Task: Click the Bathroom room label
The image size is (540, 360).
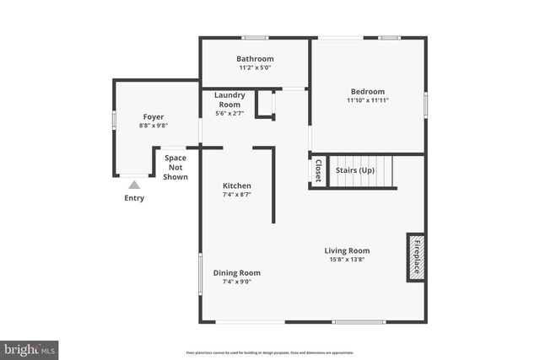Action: [254, 59]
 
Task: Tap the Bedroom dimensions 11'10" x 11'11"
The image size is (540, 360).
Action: [367, 100]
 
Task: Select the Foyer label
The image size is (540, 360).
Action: [153, 116]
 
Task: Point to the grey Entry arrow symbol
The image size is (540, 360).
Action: [134, 185]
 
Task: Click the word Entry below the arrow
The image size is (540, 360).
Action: [134, 198]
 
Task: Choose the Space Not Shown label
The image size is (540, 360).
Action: [175, 167]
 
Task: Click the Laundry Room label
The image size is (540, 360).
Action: [229, 99]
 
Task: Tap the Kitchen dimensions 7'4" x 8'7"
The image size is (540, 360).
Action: [236, 195]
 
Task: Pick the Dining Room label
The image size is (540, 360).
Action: [236, 272]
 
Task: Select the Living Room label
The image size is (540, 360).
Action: [347, 250]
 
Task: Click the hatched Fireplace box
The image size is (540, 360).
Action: [415, 256]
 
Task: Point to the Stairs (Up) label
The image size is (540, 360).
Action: [355, 170]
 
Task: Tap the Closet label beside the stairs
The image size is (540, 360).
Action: [318, 171]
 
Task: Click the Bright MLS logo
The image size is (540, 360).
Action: [30, 348]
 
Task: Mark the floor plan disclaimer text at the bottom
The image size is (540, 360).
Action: [270, 352]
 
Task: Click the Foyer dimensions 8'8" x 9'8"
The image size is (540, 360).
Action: [153, 126]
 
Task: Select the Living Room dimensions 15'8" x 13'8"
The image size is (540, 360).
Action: [347, 260]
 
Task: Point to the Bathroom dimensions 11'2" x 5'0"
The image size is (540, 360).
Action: [254, 67]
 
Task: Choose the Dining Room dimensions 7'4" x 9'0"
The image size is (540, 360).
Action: [236, 282]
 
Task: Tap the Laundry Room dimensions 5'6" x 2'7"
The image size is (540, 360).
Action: [229, 113]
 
